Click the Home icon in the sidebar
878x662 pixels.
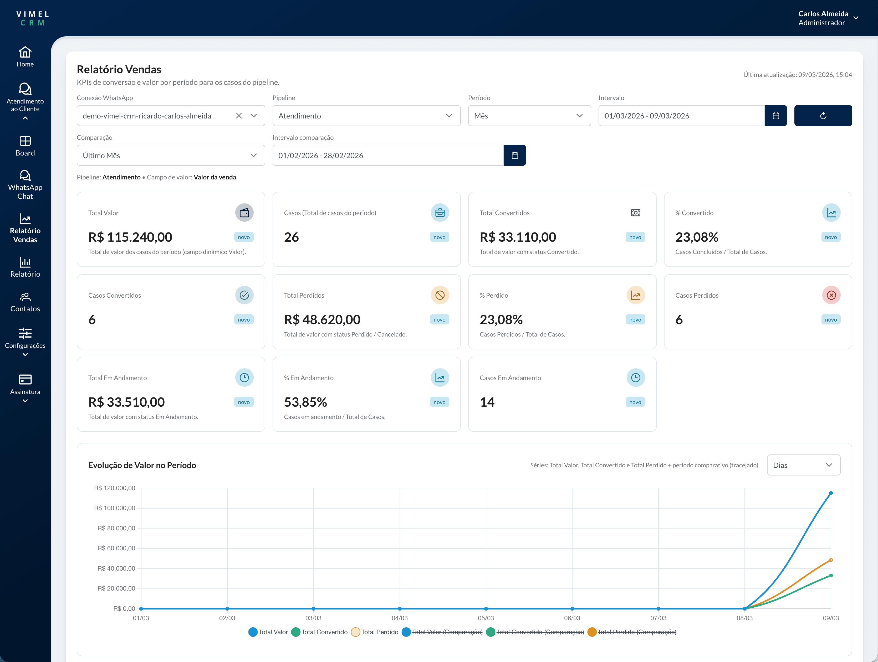tap(25, 52)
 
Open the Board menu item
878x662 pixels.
tap(25, 146)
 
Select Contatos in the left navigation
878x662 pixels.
tap(25, 302)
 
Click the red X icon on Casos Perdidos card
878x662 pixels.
tap(831, 295)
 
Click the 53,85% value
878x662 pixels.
tap(305, 402)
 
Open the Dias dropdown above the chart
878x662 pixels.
tap(803, 465)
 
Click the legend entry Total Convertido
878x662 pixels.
tap(324, 632)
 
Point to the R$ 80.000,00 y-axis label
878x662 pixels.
tap(116, 528)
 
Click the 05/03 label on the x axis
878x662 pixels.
tap(486, 618)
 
